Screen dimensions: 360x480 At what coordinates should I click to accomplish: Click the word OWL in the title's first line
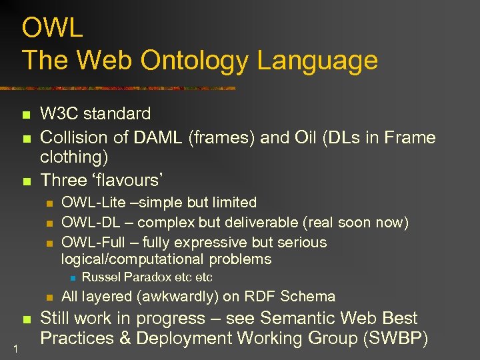pos(53,28)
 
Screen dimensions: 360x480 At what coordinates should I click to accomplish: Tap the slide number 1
pos(15,346)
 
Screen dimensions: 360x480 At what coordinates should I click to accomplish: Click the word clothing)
pos(74,157)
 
